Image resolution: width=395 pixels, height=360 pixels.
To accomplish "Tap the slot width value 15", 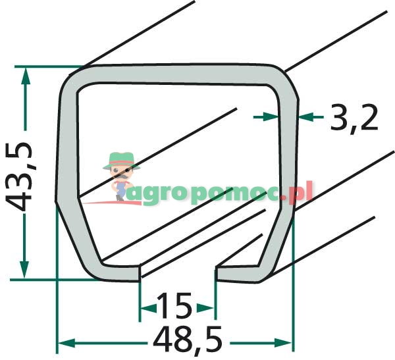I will coord(176,307).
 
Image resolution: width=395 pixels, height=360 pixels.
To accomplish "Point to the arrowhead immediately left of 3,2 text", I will coord(308,116).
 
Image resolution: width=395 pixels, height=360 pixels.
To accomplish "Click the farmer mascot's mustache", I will coord(121,176).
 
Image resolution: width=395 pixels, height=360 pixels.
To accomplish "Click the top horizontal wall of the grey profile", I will coord(178,74).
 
